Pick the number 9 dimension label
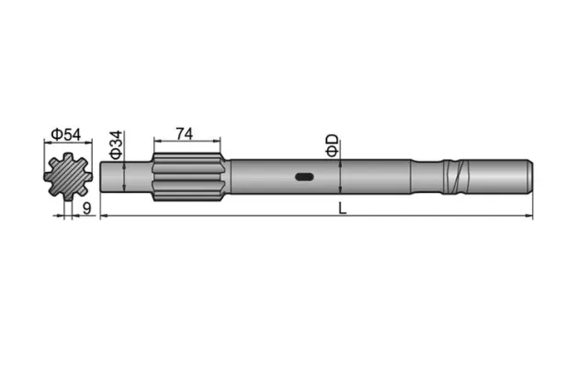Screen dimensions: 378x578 (85, 209)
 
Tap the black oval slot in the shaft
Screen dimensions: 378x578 (304, 177)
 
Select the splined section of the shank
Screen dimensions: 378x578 (187, 177)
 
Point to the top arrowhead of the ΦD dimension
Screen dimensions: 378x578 (341, 163)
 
